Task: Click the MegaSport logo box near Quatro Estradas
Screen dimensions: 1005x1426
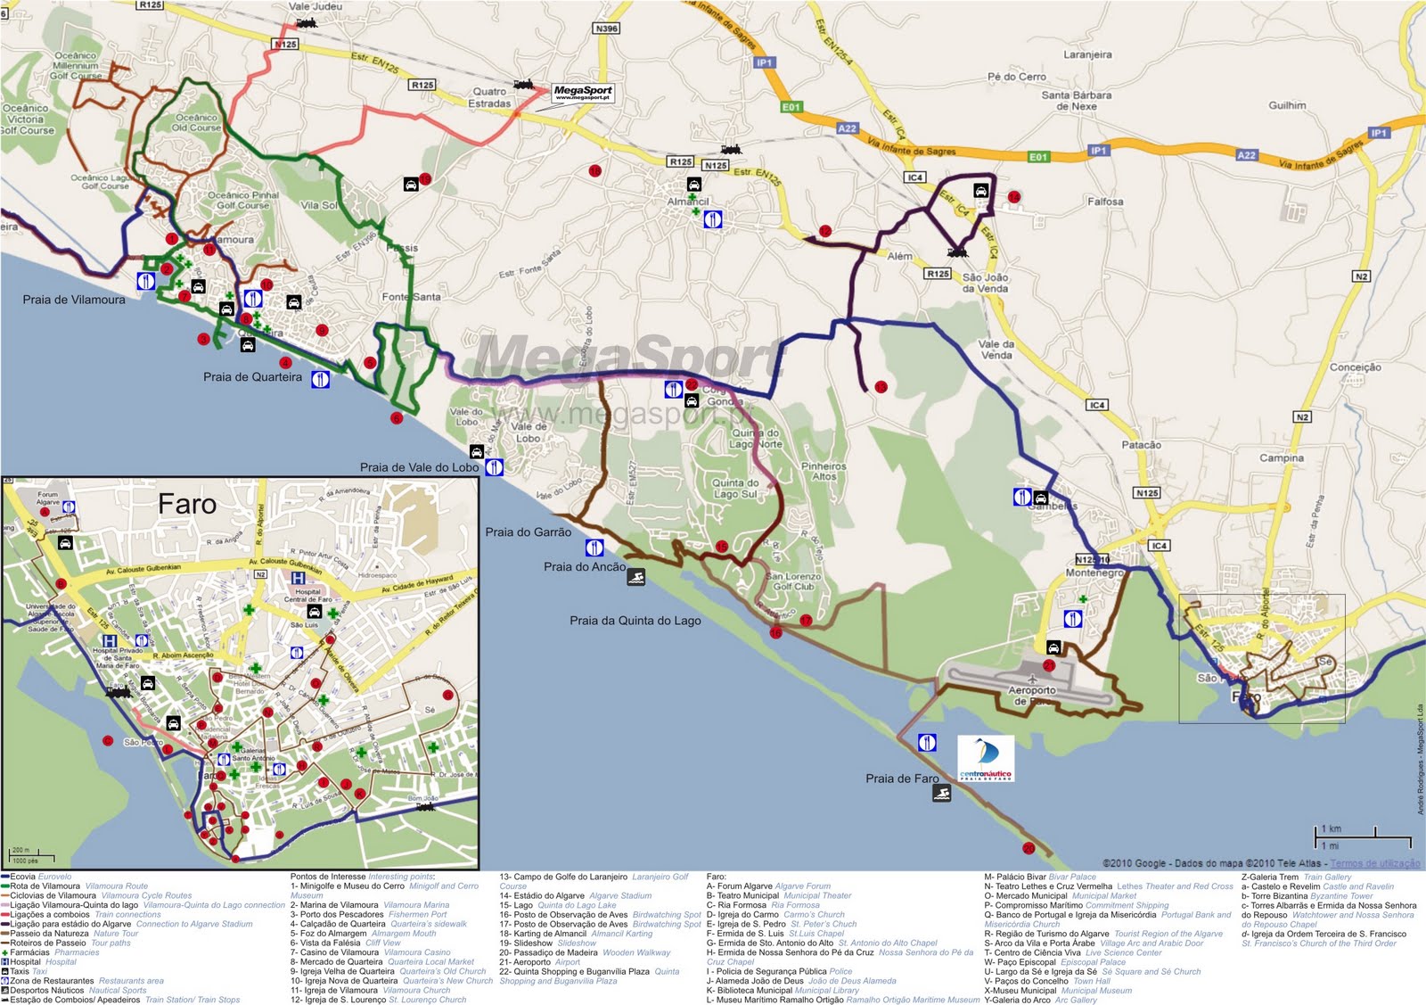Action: tap(583, 93)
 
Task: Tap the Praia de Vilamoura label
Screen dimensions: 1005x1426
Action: tap(74, 300)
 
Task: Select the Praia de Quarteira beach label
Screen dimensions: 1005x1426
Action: tap(252, 377)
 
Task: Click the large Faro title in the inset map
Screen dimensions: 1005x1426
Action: tap(187, 505)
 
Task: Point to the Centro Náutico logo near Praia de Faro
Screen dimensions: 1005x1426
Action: tap(985, 759)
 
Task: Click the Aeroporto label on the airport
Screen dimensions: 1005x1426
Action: tap(1031, 690)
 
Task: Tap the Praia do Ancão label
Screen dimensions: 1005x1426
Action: tap(584, 567)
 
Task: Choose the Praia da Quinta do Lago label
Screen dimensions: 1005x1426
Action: tap(635, 621)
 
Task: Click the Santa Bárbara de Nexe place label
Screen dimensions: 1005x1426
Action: tap(1076, 100)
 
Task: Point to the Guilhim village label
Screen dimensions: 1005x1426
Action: tap(1287, 105)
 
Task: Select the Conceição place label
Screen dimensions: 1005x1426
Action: tap(1355, 367)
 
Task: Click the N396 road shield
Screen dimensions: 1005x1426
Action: tap(606, 29)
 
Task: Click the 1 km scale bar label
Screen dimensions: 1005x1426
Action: tap(1332, 828)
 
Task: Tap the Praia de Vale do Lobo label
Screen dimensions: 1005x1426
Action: tap(419, 467)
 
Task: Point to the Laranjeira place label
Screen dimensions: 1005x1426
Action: tap(1087, 54)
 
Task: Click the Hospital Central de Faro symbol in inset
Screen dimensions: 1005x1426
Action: tap(299, 579)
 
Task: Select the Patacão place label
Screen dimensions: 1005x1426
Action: tap(1141, 445)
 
